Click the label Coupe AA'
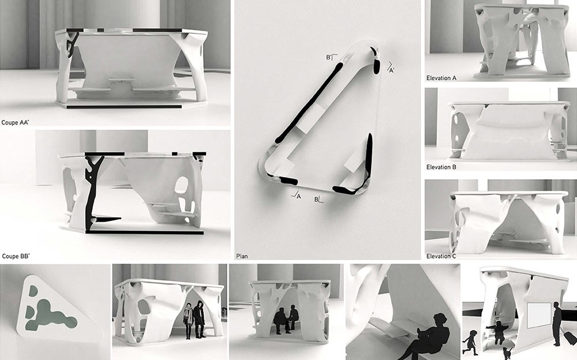click(x=15, y=122)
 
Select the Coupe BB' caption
click(x=16, y=256)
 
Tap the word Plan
click(x=242, y=256)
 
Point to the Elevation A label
click(x=441, y=78)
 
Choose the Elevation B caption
click(x=441, y=167)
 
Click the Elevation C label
click(x=441, y=256)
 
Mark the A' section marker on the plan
click(x=390, y=69)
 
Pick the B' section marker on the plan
click(x=332, y=58)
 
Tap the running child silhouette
click(x=470, y=342)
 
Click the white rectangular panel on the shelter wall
click(x=539, y=316)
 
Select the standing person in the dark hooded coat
click(x=199, y=319)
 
